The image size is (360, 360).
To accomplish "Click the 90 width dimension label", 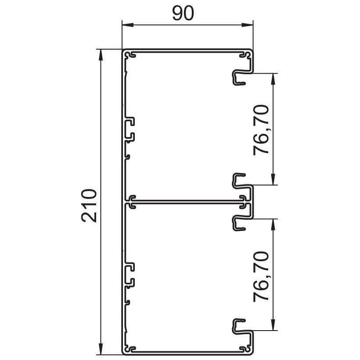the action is click(x=183, y=13).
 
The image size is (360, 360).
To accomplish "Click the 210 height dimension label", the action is click(x=89, y=205).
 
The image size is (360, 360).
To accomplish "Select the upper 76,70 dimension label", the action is click(x=261, y=130).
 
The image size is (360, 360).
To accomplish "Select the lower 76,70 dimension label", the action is click(x=261, y=276).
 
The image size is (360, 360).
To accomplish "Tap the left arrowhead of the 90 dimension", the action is click(x=128, y=25).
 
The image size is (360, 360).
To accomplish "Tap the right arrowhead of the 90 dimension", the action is click(x=247, y=25).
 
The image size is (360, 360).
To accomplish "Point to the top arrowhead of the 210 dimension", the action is click(x=101, y=55).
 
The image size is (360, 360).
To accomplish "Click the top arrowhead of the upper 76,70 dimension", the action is click(x=273, y=79).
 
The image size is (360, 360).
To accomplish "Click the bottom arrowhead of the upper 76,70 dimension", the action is click(x=273, y=179).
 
